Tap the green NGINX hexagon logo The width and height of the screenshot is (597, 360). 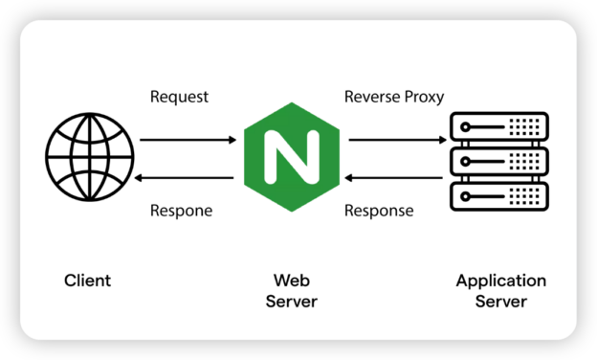pyautogui.click(x=291, y=159)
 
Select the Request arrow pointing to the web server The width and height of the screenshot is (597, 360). pyautogui.click(x=188, y=140)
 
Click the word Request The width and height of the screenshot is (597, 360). pyautogui.click(x=179, y=97)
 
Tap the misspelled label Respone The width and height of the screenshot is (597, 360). pyautogui.click(x=181, y=211)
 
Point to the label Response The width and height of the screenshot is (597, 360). pyautogui.click(x=379, y=211)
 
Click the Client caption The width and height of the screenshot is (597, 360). pyautogui.click(x=87, y=281)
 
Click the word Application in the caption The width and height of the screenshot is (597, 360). pyautogui.click(x=500, y=281)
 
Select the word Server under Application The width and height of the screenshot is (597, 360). pyautogui.click(x=500, y=302)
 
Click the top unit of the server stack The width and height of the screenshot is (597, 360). pyautogui.click(x=500, y=126)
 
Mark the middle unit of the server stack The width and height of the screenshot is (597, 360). pyautogui.click(x=500, y=160)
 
